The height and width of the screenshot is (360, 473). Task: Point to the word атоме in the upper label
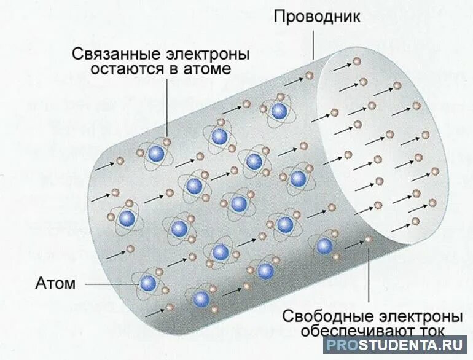[209, 68]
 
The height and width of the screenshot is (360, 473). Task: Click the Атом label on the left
[56, 284]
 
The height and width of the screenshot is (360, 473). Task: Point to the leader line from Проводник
[313, 43]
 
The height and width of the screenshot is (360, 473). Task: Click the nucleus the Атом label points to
[148, 283]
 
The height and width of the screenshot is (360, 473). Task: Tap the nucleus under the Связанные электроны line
[156, 153]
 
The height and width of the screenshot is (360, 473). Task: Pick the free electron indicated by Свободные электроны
[369, 239]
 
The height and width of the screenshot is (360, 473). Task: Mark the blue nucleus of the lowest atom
[200, 299]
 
